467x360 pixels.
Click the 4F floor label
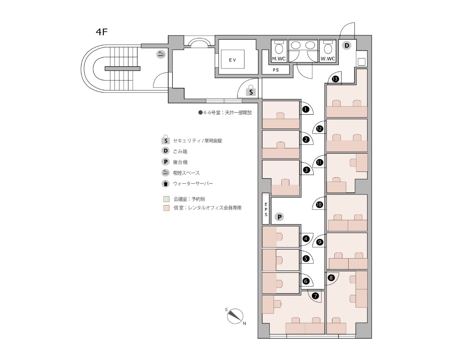click(101, 32)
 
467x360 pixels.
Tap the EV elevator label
click(232, 60)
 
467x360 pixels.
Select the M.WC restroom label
click(279, 59)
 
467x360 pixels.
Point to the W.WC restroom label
click(328, 59)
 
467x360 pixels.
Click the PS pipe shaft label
click(276, 70)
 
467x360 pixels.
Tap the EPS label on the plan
click(266, 209)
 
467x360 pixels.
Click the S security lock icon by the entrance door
click(251, 91)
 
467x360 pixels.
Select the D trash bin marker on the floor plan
click(347, 45)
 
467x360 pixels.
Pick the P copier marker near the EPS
click(279, 217)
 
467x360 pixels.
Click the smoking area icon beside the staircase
click(161, 54)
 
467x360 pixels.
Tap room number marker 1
click(306, 110)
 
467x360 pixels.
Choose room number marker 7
click(315, 296)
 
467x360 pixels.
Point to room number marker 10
click(319, 205)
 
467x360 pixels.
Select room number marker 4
click(306, 238)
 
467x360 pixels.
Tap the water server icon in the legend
click(166, 183)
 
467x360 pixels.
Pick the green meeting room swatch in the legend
click(166, 199)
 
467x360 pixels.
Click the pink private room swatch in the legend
click(166, 208)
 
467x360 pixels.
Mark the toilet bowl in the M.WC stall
click(279, 49)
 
